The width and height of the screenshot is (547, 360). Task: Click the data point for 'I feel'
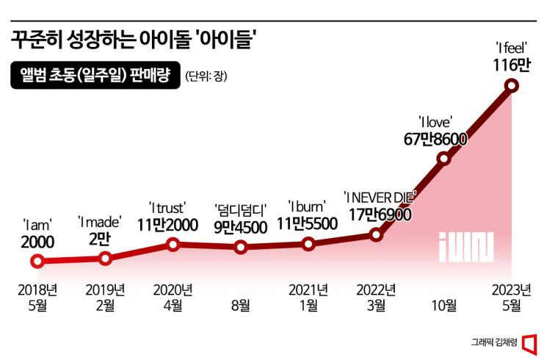(x=512, y=87)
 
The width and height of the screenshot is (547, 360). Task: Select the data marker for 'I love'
(x=443, y=159)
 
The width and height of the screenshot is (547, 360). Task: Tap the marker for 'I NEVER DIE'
(x=376, y=235)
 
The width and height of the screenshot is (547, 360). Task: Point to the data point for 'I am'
(x=37, y=261)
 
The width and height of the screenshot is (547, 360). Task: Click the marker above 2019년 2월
(x=105, y=258)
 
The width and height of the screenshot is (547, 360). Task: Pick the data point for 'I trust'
(x=173, y=244)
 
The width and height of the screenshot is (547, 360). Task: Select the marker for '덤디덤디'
(x=241, y=247)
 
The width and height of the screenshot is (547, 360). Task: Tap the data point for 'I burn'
(x=308, y=244)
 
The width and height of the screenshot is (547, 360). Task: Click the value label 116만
(x=512, y=66)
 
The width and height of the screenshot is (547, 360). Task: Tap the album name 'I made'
(x=99, y=220)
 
